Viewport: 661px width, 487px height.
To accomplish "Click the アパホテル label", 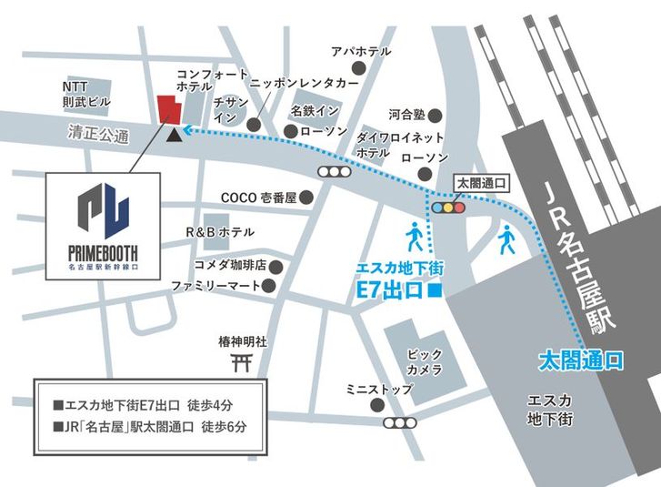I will point(361,51).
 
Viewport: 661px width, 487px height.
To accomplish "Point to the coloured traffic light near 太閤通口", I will point(447,207).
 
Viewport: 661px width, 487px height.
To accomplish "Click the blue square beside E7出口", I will point(435,293).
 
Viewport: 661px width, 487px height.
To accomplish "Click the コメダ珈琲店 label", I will point(229,266).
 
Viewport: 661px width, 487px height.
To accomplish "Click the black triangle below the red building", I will point(174,135).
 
